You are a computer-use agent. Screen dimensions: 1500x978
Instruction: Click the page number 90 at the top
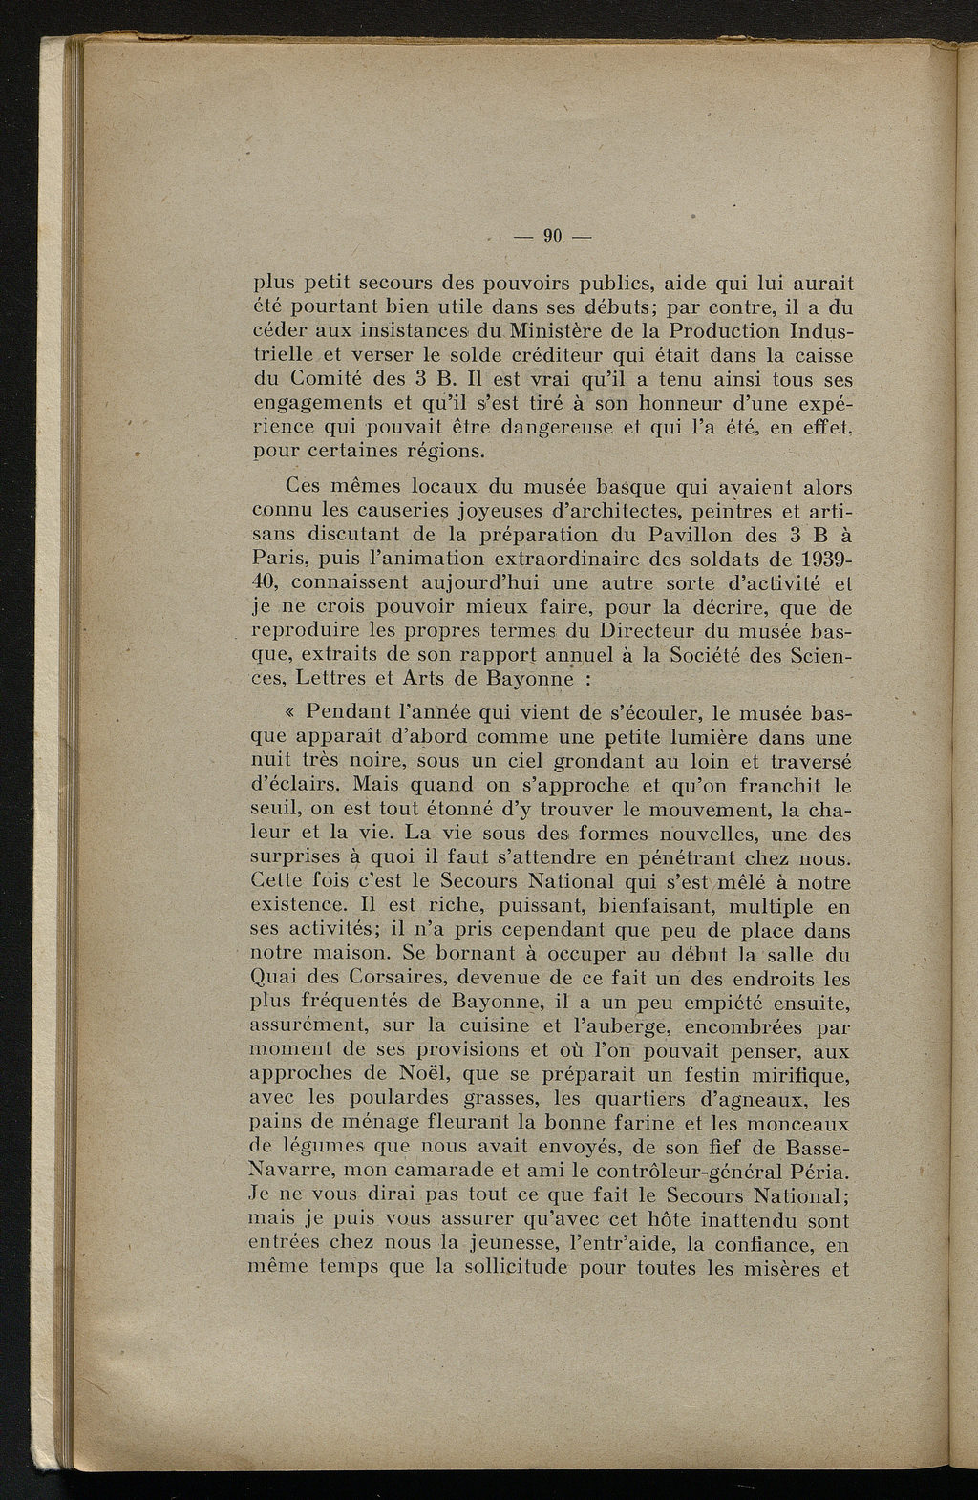tap(553, 236)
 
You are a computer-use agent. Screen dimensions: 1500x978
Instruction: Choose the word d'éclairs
tap(294, 786)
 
